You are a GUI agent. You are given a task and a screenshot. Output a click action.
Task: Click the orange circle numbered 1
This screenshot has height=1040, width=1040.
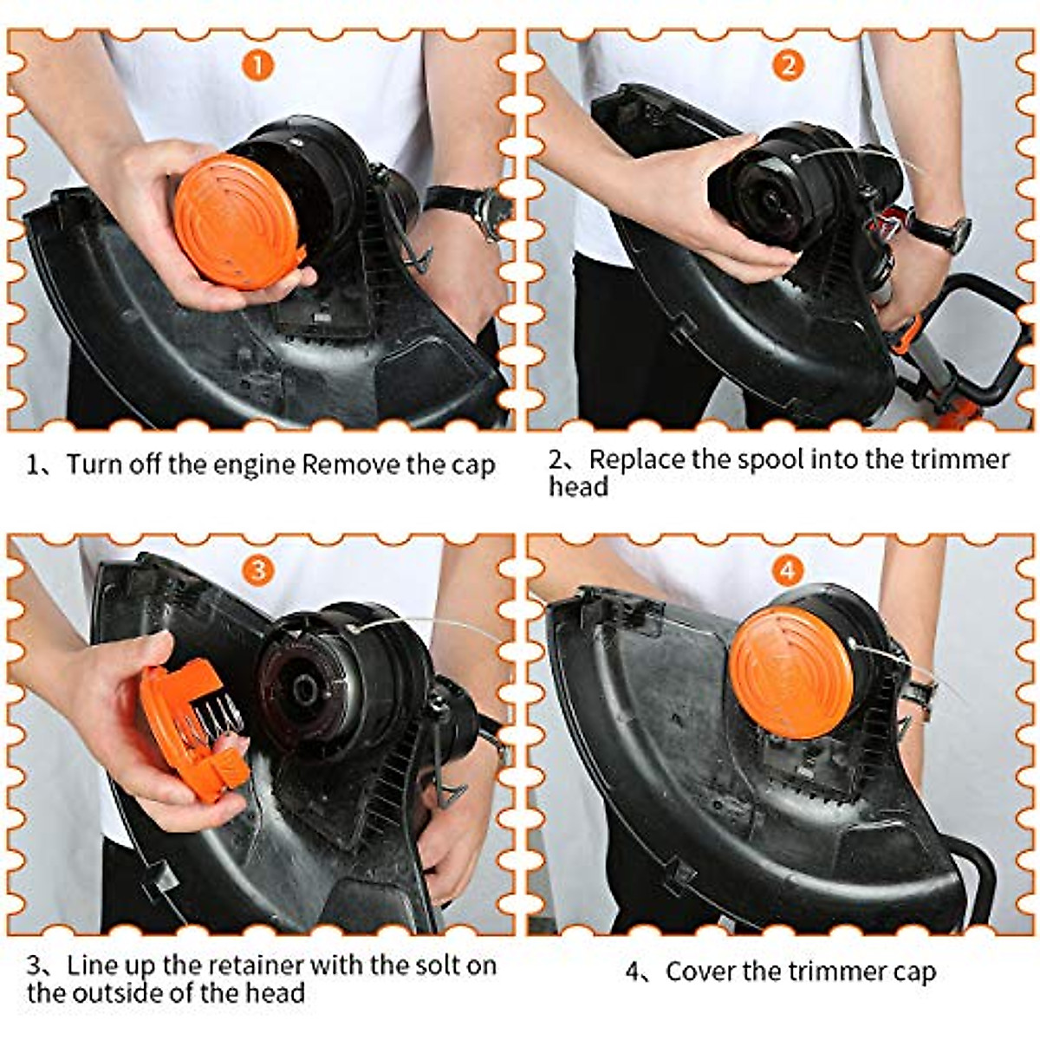(257, 65)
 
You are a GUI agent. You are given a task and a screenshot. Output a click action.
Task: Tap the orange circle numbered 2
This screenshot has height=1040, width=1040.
(787, 65)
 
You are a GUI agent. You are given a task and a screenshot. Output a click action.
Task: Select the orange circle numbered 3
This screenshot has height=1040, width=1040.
(257, 569)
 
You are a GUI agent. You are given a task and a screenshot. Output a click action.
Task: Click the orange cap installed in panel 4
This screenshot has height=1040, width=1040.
(790, 672)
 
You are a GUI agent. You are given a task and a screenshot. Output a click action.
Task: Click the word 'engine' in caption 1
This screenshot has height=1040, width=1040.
(253, 465)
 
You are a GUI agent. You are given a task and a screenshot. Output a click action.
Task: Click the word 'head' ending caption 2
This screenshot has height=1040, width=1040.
(578, 487)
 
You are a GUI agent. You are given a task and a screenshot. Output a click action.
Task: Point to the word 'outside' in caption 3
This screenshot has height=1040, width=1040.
(123, 992)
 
